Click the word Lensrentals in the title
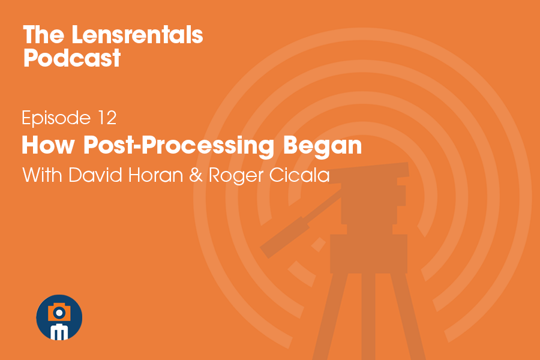tap(137, 35)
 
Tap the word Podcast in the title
tap(72, 58)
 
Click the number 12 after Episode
tap(107, 118)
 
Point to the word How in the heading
tap(48, 145)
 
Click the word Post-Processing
tap(178, 146)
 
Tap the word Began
tap(322, 146)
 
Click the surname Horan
tap(155, 175)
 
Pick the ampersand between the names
tap(196, 175)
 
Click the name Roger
tap(236, 176)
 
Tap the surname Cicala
tap(299, 175)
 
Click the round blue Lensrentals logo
tap(59, 317)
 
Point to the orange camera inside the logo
tap(59, 312)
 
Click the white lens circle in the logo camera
tap(59, 313)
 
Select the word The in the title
tap(44, 35)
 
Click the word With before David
tap(43, 175)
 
